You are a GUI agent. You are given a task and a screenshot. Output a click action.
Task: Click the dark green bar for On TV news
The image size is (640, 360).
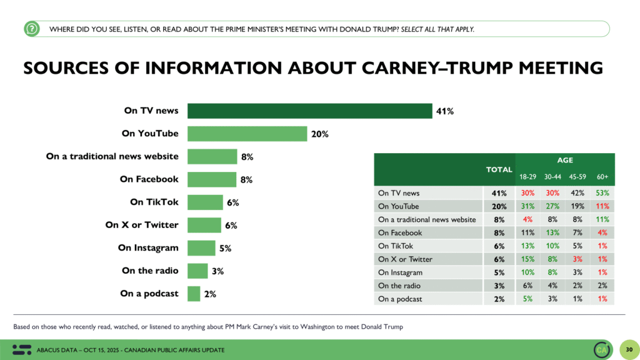tap(309, 111)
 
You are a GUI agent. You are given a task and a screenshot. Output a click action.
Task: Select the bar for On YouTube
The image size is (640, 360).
tap(247, 134)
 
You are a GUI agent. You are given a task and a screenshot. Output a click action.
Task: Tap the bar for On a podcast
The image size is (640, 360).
tap(194, 294)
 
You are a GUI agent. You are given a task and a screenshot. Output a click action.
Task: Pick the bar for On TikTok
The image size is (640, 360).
tap(205, 202)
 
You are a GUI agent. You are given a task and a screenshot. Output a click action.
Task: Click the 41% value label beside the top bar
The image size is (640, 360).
tap(445, 111)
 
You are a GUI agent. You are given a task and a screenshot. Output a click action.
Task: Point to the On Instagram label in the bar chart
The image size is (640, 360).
tap(148, 248)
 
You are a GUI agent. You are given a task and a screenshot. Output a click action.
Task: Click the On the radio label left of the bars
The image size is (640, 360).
tap(150, 271)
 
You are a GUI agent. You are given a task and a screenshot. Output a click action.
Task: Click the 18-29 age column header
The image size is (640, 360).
tap(527, 177)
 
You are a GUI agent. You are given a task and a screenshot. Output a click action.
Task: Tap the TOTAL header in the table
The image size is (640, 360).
tap(499, 169)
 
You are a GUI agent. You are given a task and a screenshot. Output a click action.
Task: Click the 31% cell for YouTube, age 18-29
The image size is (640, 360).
tap(527, 206)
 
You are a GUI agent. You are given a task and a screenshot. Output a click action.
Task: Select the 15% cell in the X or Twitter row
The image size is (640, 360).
tap(527, 259)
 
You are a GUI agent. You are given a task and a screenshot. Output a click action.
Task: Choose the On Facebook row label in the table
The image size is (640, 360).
tap(400, 232)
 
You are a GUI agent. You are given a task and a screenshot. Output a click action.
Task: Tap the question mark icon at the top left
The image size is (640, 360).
tap(32, 28)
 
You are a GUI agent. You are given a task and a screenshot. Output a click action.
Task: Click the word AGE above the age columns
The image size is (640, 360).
tap(564, 161)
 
